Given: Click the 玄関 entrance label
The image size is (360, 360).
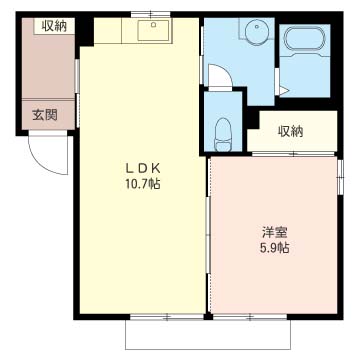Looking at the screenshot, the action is tap(44, 115).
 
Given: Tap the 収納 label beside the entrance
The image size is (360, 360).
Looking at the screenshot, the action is tap(54, 26).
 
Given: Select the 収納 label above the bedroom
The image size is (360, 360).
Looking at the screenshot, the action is tap(291, 131).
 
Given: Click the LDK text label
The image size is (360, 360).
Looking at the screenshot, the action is tap(143, 168).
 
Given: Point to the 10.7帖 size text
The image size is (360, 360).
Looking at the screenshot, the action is tap(143, 184).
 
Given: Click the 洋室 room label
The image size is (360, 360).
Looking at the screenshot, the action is tap(275, 232).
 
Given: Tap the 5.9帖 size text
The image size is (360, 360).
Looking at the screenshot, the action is tap(275, 248).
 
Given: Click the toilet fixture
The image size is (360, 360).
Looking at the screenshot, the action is tap(223, 134).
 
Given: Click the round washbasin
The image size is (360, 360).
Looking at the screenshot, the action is tap(256, 30).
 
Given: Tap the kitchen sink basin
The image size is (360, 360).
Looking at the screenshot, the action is tap(153, 30).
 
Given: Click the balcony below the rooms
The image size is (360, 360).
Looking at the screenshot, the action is tap(208, 335).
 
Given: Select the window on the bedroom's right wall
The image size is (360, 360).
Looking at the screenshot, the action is tap(340, 176).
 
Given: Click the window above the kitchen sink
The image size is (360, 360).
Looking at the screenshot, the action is tap(151, 14).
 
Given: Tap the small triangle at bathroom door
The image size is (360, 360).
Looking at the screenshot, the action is tap(283, 91).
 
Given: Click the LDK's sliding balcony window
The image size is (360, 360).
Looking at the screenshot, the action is tap(167, 317).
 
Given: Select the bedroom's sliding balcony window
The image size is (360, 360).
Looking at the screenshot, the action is tap(250, 317).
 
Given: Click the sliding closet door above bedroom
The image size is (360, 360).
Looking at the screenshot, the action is tap(293, 154).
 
